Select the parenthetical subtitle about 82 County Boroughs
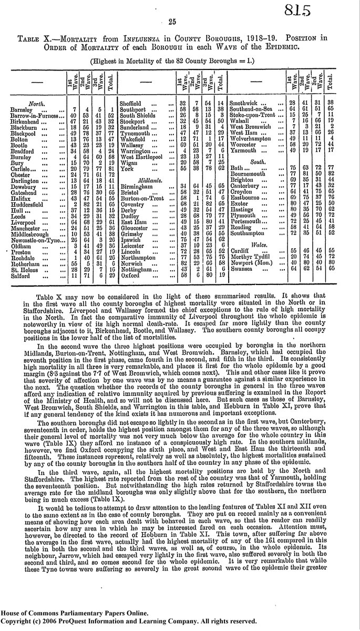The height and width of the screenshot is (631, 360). pos(179,60)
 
